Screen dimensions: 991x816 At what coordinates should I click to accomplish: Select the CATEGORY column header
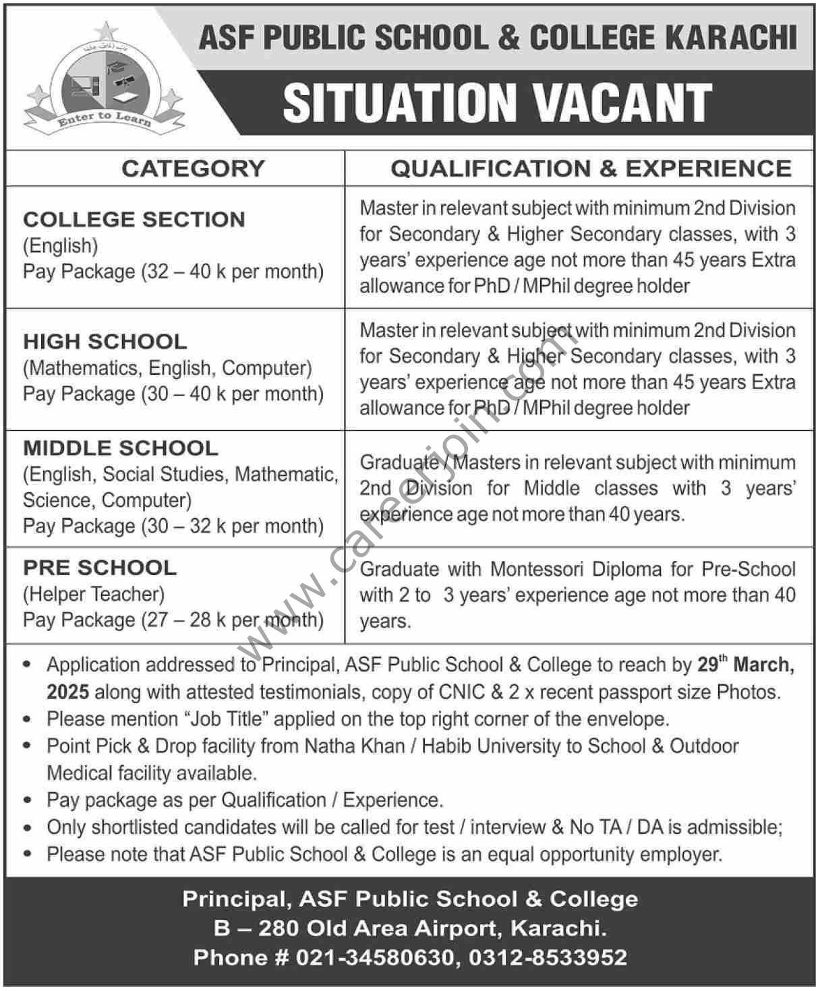pos(193,169)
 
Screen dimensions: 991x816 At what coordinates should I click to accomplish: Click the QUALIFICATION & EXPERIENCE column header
pos(591,169)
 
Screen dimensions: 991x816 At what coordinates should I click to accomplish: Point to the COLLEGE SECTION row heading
pos(134,220)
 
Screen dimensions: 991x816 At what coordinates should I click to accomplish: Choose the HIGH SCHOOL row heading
pos(105,342)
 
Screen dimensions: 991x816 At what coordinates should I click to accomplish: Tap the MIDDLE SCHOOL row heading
pos(121,448)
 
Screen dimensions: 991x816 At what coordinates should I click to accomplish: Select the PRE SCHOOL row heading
pos(100,568)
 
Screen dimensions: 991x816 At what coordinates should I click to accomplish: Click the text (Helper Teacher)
pos(94,594)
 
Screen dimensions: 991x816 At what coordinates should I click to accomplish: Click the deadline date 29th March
pos(746,665)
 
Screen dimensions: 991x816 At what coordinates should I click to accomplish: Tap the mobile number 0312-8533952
pos(548,957)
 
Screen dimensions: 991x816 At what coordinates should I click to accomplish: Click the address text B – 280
pos(256,928)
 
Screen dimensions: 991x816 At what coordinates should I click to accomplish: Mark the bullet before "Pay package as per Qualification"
pos(27,800)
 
